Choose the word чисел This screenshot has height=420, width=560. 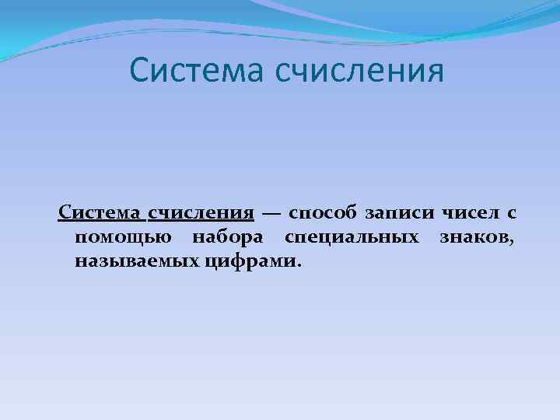pos(468,213)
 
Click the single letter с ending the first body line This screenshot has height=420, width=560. pos(513,214)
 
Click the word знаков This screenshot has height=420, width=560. pos(474,236)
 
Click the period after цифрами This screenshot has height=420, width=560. pos(296,264)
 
